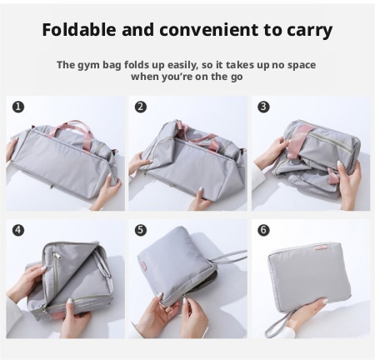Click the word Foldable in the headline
coord(79,29)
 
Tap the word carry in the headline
coord(309,31)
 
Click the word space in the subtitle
coord(302,66)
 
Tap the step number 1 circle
coord(18,107)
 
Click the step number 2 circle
coord(141,107)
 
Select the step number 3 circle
coord(263,107)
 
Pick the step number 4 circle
coord(18,230)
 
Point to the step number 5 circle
coord(141,230)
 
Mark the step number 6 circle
coord(263,230)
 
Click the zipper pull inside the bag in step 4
coord(56,254)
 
